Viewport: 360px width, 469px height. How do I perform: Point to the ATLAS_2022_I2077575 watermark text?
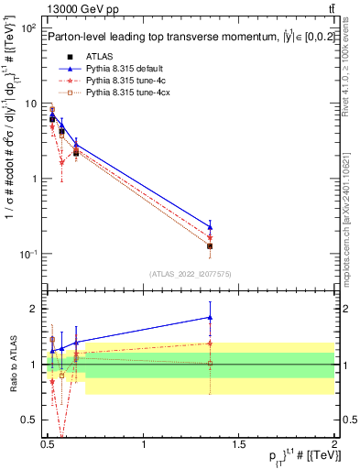(191, 273)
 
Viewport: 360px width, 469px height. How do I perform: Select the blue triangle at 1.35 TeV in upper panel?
(211, 227)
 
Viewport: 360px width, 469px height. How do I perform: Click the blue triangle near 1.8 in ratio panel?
(211, 317)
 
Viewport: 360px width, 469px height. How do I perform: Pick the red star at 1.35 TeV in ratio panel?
(211, 344)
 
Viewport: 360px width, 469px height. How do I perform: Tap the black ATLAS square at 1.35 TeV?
(211, 245)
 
